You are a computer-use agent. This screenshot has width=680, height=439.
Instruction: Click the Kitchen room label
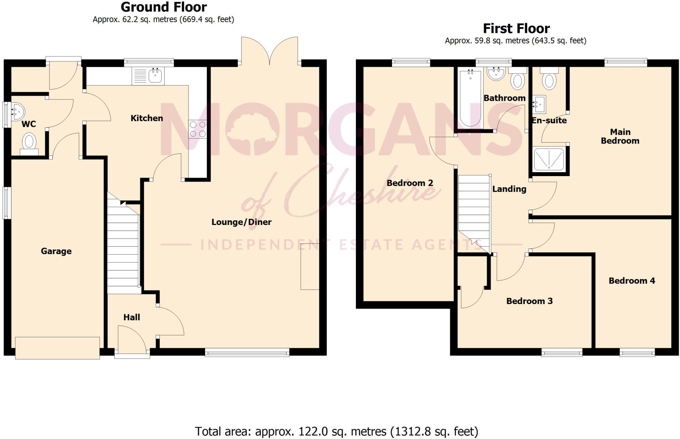pos(146,118)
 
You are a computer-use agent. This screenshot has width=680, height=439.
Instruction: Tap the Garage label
pos(56,251)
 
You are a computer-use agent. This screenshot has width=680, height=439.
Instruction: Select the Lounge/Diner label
pos(241,222)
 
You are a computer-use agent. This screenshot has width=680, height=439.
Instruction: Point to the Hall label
pos(132,317)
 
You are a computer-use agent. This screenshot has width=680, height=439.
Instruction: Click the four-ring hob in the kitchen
pos(197,129)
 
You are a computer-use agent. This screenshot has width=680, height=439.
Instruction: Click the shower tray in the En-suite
pos(549,159)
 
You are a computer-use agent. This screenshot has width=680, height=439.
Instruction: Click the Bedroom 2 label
pos(410,183)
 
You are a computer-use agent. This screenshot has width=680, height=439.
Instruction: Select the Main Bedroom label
pos(620,136)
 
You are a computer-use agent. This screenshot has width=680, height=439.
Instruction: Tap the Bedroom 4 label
pos(632,281)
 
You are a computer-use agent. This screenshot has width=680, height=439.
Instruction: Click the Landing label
pos(509,189)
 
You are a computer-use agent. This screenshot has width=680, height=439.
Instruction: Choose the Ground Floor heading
pos(163,7)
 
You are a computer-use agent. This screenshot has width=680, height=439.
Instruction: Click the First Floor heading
pos(516,28)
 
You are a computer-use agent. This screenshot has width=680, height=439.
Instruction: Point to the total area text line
pos(336,431)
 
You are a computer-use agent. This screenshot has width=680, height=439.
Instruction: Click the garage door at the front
pos(58,348)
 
